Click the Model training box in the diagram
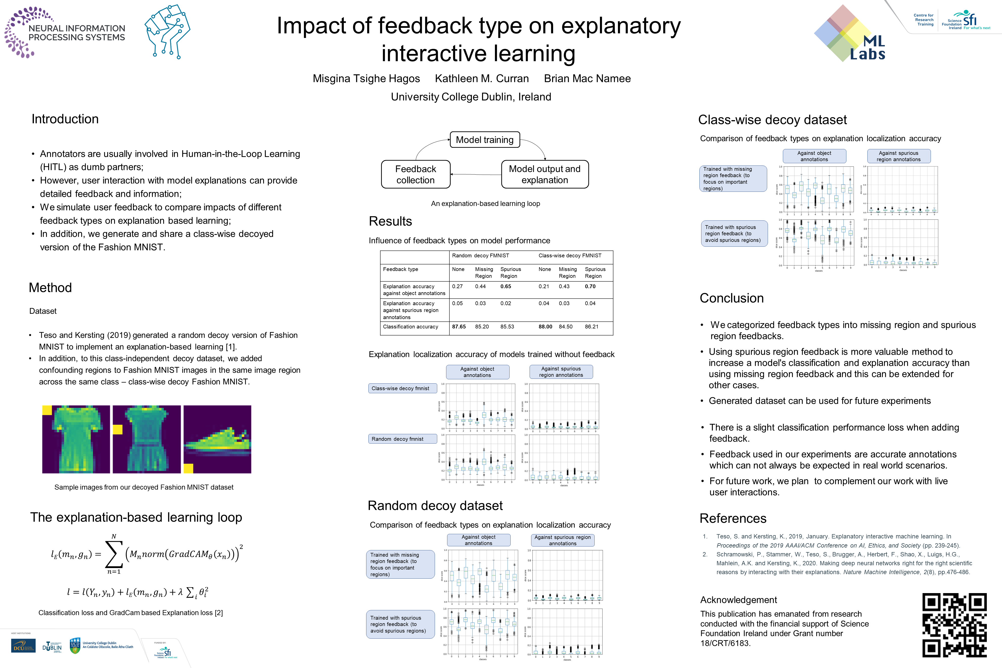tap(485, 140)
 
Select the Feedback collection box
tap(415, 174)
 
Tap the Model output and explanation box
tap(545, 174)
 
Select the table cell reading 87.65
tap(459, 327)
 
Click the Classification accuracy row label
tap(410, 327)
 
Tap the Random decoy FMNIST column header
tap(480, 256)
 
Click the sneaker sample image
tap(217, 439)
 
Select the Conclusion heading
tap(732, 298)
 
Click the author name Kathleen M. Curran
tap(482, 79)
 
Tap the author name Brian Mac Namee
tap(587, 79)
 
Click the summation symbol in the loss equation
tap(114, 554)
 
